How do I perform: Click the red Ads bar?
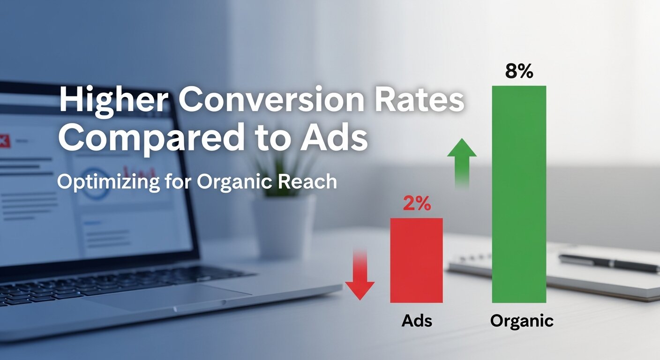(416, 260)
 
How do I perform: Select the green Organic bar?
(519, 194)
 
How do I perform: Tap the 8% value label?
(519, 72)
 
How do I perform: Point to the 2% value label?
(417, 205)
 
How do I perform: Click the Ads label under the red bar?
(417, 321)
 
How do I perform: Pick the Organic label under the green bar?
(522, 321)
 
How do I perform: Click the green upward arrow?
(462, 162)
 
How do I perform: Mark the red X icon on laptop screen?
(4, 139)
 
